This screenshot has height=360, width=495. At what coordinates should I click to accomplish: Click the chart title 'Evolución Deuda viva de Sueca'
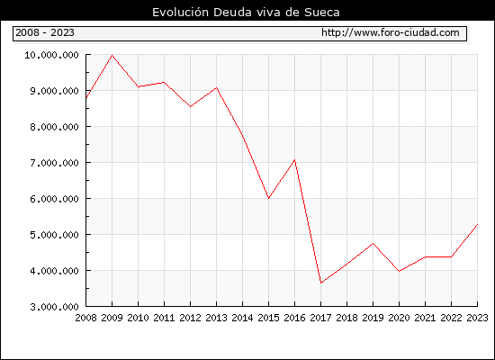[x=246, y=13]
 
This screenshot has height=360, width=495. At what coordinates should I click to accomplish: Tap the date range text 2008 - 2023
[x=45, y=32]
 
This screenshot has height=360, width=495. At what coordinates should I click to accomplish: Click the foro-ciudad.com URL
[x=391, y=32]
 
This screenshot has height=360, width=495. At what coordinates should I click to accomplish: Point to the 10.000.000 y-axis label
[x=51, y=55]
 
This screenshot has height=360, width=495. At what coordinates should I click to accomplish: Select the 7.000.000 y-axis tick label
[x=54, y=163]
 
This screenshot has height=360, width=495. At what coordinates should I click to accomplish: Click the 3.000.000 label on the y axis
[x=54, y=307]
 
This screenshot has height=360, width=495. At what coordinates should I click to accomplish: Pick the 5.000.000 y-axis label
[x=54, y=235]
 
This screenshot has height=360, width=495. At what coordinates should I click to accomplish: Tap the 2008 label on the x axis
[x=85, y=318]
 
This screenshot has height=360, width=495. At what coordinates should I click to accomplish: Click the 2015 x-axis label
[x=269, y=318]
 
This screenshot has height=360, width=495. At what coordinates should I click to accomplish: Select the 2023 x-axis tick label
[x=477, y=318]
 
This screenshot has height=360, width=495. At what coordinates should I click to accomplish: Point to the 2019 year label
[x=373, y=318]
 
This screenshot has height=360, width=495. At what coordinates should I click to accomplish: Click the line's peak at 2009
[x=112, y=55]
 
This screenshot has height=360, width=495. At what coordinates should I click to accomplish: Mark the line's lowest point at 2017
[x=321, y=283]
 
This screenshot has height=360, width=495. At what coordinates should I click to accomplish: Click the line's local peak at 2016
[x=295, y=160]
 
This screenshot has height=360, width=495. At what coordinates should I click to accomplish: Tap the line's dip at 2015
[x=269, y=198]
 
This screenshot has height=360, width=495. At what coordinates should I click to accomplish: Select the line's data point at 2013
[x=217, y=87]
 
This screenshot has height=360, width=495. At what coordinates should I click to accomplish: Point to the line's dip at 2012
[x=191, y=107]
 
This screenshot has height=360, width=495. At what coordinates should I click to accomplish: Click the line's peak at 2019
[x=373, y=243]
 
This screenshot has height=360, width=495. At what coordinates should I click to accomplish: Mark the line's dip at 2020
[x=400, y=271]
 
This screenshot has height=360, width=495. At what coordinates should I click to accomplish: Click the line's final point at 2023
[x=477, y=224]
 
